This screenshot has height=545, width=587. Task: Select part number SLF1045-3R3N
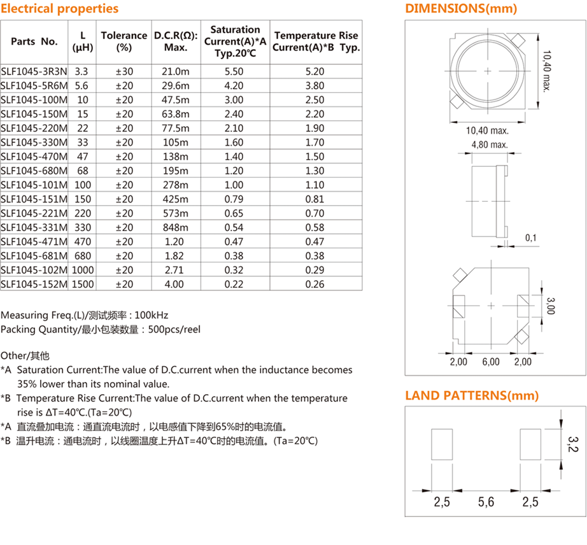tap(34, 71)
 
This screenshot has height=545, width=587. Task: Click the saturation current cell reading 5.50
tap(234, 71)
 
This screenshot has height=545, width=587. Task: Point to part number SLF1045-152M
tap(34, 284)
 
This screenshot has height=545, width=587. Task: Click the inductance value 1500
tap(83, 284)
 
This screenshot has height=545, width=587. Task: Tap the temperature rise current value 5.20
tap(315, 71)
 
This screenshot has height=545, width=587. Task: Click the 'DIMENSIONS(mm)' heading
tap(461, 9)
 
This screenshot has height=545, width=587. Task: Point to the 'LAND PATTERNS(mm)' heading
tap(472, 396)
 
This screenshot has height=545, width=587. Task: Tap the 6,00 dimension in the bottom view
tap(490, 362)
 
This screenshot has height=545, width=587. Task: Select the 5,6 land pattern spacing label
tap(486, 502)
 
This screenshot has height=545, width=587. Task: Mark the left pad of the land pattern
tap(442, 444)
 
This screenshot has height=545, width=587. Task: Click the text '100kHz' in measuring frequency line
tap(152, 315)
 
